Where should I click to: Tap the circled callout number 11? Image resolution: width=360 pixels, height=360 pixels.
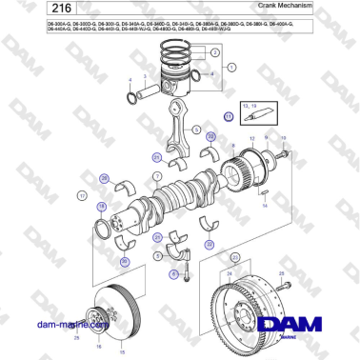click(x=229, y=116)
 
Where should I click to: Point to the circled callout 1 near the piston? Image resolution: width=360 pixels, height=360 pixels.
click(x=230, y=67)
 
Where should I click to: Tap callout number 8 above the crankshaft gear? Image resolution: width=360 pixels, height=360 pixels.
click(x=256, y=148)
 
